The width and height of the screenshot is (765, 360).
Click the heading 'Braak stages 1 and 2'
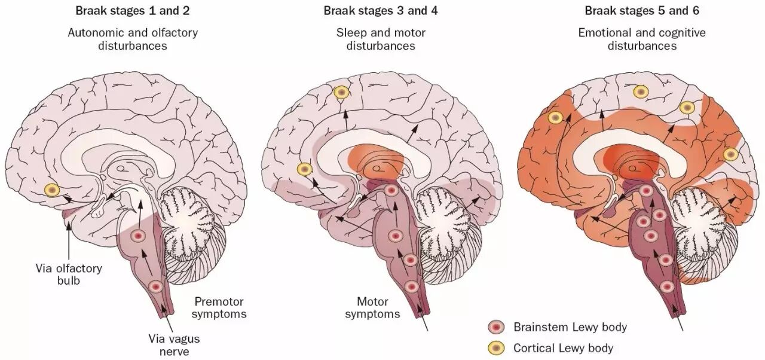(133, 11)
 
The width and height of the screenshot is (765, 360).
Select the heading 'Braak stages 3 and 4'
(381, 11)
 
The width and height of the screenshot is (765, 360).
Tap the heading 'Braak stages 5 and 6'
(642, 11)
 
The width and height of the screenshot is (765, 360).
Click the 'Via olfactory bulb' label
(69, 274)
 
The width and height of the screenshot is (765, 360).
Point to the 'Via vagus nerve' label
(174, 345)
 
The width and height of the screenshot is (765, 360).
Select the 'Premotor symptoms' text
(219, 307)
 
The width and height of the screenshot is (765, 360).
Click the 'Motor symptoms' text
(372, 307)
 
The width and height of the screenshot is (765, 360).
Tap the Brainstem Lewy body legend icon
(496, 327)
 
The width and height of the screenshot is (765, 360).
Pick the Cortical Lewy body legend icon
(496, 348)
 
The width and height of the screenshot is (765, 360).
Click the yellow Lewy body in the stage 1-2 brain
(52, 190)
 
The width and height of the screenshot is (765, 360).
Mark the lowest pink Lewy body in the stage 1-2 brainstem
(156, 286)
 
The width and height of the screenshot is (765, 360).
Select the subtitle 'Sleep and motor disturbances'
(381, 39)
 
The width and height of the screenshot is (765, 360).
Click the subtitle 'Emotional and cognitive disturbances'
(642, 39)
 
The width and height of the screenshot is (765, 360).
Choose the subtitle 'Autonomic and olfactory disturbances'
(133, 39)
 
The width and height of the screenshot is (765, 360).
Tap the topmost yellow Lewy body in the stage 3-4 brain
(341, 93)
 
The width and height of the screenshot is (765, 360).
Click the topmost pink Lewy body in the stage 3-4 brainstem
(391, 190)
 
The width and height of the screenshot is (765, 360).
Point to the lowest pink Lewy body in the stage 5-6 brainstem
(666, 286)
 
